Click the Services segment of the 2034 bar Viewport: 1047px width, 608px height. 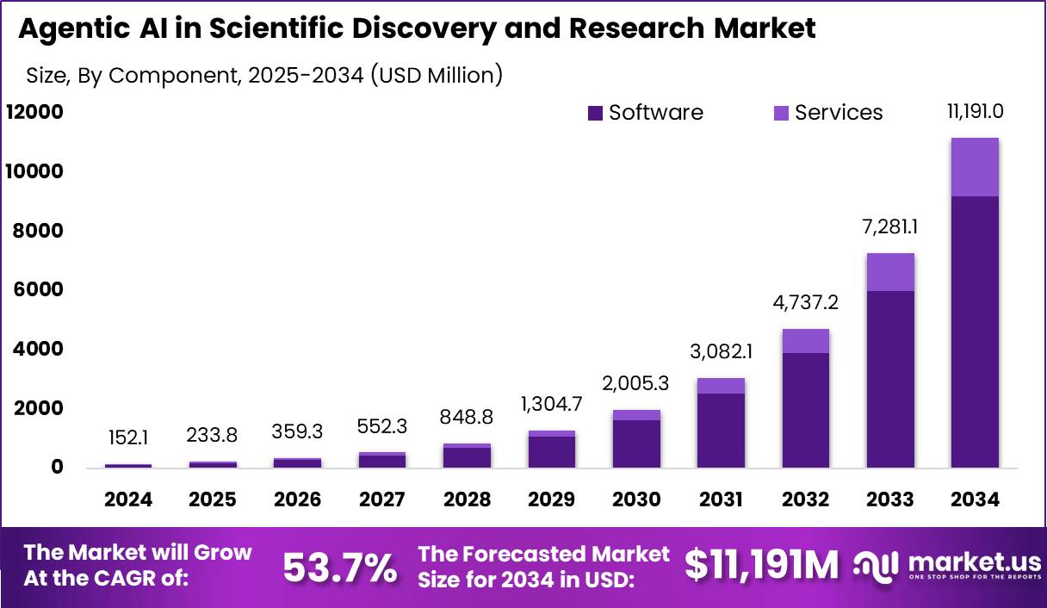[x=975, y=167]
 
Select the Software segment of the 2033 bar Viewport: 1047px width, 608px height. [x=890, y=379]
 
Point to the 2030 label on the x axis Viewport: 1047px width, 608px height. [x=637, y=499]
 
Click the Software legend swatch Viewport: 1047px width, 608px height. [x=596, y=114]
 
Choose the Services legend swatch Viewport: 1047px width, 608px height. [x=782, y=114]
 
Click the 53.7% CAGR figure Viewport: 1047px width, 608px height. [x=340, y=568]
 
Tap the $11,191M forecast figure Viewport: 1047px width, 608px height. [x=761, y=566]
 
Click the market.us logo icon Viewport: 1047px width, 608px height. [x=876, y=565]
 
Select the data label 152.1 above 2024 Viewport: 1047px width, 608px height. [x=129, y=438]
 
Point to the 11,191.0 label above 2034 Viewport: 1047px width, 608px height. [x=975, y=111]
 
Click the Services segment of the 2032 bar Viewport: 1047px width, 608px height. [x=806, y=341]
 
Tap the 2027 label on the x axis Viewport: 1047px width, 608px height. [x=382, y=499]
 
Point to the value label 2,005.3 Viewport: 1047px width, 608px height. [x=637, y=382]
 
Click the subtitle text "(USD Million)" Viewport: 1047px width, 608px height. [x=437, y=76]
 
